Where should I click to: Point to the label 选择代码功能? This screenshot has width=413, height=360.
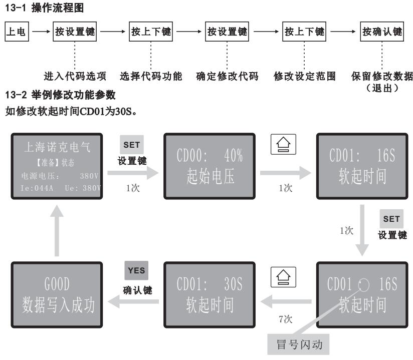pos(151,77)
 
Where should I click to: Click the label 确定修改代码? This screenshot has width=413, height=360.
pos(227,77)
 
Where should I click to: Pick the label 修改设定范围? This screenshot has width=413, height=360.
pos(304,77)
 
